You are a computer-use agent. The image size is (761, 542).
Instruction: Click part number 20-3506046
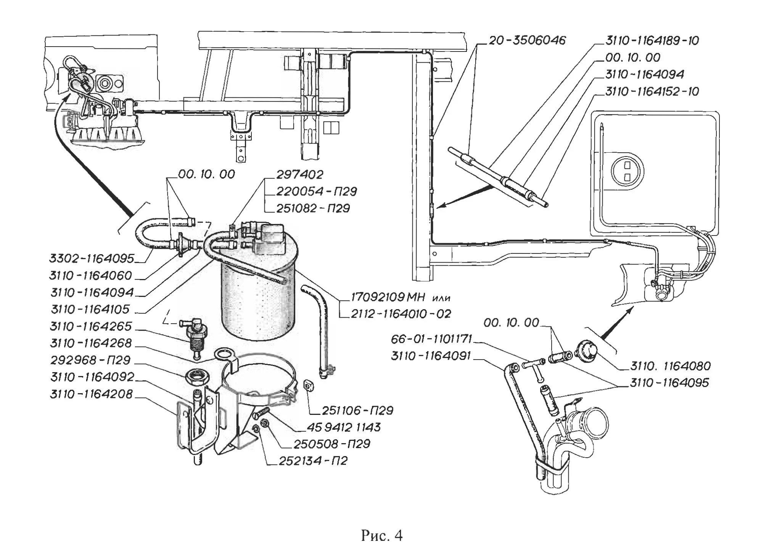[527, 40]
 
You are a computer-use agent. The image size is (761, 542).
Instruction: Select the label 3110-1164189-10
[652, 40]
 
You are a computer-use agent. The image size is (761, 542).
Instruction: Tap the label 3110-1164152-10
[652, 91]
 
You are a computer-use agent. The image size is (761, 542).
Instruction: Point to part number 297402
[300, 174]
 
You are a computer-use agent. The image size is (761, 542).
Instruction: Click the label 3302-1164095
[92, 258]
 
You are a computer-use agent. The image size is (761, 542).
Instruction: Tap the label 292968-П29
[90, 360]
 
